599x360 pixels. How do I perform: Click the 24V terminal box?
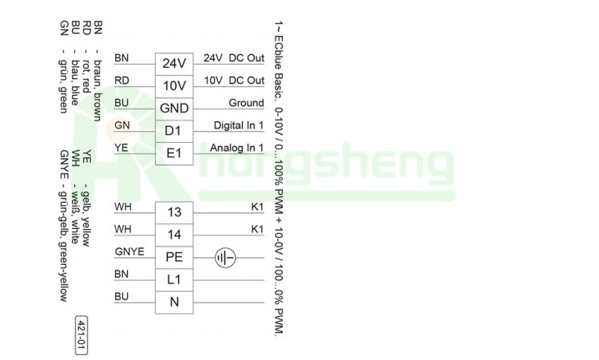click(174, 64)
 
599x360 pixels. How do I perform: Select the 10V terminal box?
click(174, 87)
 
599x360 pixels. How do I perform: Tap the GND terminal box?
click(174, 109)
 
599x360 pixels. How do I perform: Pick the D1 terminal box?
click(174, 132)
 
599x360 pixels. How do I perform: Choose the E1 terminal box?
click(174, 154)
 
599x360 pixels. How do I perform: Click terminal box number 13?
click(174, 213)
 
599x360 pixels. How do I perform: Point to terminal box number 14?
click(174, 235)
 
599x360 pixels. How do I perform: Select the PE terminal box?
click(174, 258)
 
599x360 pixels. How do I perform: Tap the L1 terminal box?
click(174, 280)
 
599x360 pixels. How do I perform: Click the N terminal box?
click(174, 303)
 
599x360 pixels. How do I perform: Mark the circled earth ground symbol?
click(225, 258)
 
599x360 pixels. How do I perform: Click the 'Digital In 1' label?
click(239, 125)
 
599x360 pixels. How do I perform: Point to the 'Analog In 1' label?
click(237, 148)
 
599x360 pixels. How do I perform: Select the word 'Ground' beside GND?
click(247, 103)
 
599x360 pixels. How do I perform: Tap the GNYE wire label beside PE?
click(129, 251)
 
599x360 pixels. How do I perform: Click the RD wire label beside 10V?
click(122, 80)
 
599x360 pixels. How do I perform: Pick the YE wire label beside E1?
click(121, 148)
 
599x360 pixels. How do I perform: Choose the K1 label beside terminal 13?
click(257, 207)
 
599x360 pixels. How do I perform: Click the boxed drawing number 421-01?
click(81, 335)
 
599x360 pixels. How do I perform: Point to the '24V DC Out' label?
click(234, 58)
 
